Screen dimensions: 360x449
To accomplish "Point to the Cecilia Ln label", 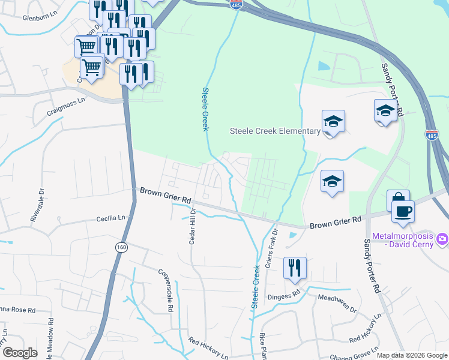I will tap(113, 219).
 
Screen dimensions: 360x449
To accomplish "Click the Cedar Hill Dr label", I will tap(193, 227).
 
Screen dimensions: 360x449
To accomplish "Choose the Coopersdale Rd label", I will tap(166, 290).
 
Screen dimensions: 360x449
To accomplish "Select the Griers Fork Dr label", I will tap(271, 248).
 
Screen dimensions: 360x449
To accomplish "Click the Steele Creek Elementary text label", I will tap(276, 131).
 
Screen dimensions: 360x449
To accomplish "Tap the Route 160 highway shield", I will tap(122, 247).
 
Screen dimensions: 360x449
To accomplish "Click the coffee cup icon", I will tap(402, 210).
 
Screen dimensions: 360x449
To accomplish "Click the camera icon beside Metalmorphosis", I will tap(442, 239).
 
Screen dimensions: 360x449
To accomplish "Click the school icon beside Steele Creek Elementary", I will tap(333, 122).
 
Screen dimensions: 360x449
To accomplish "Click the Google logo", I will tap(20, 353).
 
